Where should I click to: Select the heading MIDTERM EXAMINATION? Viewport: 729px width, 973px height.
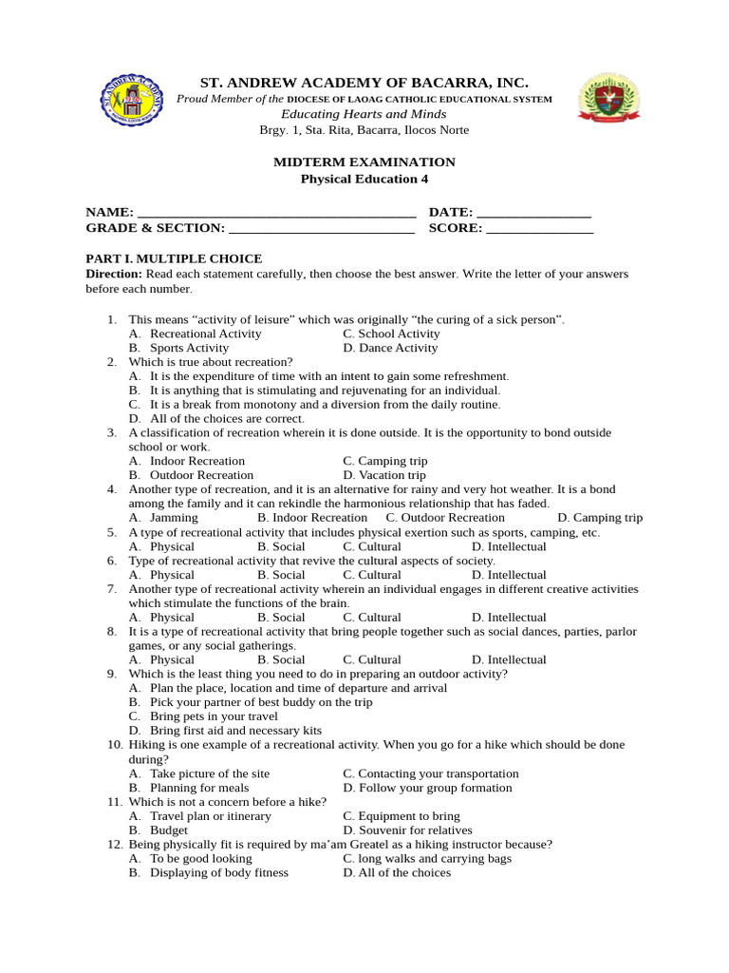pos(364,162)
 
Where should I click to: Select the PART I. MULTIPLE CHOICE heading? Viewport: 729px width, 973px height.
pos(174,258)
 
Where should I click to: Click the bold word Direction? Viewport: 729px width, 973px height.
pos(114,274)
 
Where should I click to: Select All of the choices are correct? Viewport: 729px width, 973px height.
pos(227,418)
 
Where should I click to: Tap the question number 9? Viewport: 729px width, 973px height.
pos(112,674)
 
